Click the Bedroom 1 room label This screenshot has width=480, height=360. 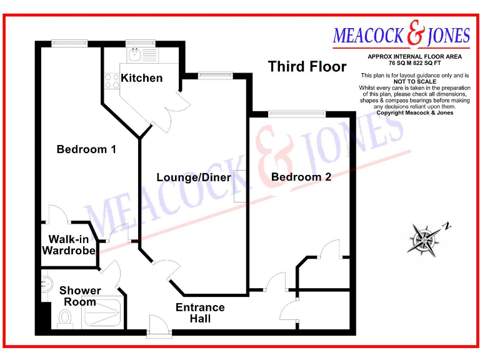[x=86, y=149]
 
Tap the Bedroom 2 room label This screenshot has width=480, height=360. [x=301, y=177]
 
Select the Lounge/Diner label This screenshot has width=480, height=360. [x=194, y=177]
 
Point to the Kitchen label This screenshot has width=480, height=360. [x=142, y=78]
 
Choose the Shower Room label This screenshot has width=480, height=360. [x=80, y=296]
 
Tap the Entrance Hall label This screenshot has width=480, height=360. [x=200, y=313]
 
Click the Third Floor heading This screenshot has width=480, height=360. [x=307, y=66]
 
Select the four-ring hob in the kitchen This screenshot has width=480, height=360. [x=112, y=81]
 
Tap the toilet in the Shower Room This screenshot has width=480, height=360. [x=65, y=319]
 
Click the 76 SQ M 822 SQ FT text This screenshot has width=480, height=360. [x=414, y=63]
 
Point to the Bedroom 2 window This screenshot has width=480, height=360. [x=297, y=113]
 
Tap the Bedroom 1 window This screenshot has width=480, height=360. [x=62, y=42]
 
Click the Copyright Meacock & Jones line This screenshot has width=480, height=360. [x=414, y=112]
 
